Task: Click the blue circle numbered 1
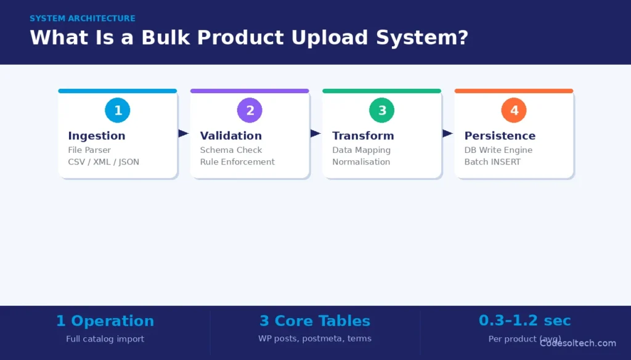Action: [x=118, y=111]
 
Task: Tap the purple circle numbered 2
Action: [x=250, y=111]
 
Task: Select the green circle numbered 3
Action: [x=382, y=111]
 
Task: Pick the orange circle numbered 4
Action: [x=514, y=111]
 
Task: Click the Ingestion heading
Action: [x=96, y=136]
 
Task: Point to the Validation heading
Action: [x=230, y=136]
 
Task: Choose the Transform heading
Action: [x=363, y=136]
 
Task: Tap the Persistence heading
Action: [x=500, y=136]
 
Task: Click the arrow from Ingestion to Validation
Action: [x=183, y=133]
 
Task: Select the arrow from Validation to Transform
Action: [x=315, y=133]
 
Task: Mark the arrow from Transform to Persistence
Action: [x=447, y=133]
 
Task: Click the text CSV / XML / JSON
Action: [x=104, y=162]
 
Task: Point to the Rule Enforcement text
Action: [x=237, y=162]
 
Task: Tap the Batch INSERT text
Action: [x=492, y=162]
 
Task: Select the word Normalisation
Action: [x=361, y=162]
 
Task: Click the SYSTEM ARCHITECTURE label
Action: [x=83, y=18]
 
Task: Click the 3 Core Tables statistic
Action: [x=315, y=321]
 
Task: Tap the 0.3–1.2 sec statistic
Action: [x=524, y=321]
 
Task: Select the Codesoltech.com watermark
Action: [x=578, y=343]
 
